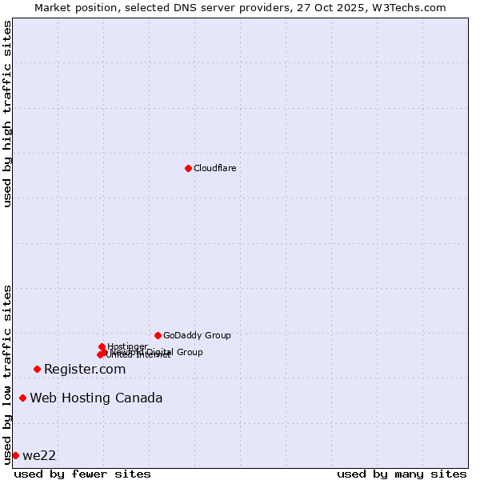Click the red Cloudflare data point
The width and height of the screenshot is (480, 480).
pyautogui.click(x=188, y=168)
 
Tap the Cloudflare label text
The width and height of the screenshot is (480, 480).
pyautogui.click(x=214, y=168)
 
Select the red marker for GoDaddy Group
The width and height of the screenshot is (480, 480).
pyautogui.click(x=158, y=335)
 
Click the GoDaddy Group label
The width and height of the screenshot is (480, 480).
pyautogui.click(x=197, y=335)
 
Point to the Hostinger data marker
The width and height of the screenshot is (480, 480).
pyautogui.click(x=102, y=346)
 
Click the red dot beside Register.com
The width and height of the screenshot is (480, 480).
pyautogui.click(x=37, y=369)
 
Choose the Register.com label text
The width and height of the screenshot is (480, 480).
pyautogui.click(x=85, y=369)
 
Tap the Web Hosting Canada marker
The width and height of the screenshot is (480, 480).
pyautogui.click(x=22, y=398)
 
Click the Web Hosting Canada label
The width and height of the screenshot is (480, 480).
pyautogui.click(x=96, y=398)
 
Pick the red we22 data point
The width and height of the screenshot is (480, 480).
pyautogui.click(x=15, y=455)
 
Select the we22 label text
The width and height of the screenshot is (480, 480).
pyautogui.click(x=39, y=455)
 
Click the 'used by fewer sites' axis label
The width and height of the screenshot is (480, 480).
pyautogui.click(x=82, y=474)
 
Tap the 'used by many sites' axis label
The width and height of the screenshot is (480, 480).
pyautogui.click(x=402, y=474)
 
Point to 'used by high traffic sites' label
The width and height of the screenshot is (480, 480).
pyautogui.click(x=7, y=114)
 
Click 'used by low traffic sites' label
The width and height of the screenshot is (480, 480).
pyautogui.click(x=7, y=374)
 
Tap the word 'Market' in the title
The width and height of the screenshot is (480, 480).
pyautogui.click(x=53, y=7)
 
